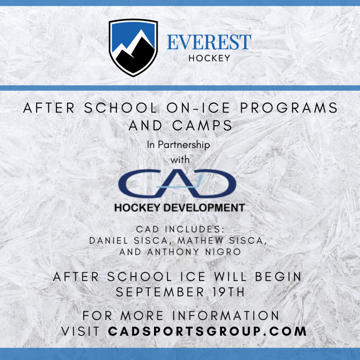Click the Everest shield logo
(133, 48)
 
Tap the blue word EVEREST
(209, 42)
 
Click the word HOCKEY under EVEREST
(209, 58)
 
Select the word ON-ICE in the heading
(198, 108)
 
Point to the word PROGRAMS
(289, 108)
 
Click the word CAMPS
(202, 126)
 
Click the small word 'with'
(180, 160)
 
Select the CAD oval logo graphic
(177, 184)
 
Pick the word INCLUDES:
(194, 229)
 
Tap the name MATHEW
(200, 240)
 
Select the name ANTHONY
(173, 252)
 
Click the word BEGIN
(278, 277)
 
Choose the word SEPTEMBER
(160, 292)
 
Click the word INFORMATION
(226, 315)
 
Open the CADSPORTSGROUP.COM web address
(207, 331)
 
